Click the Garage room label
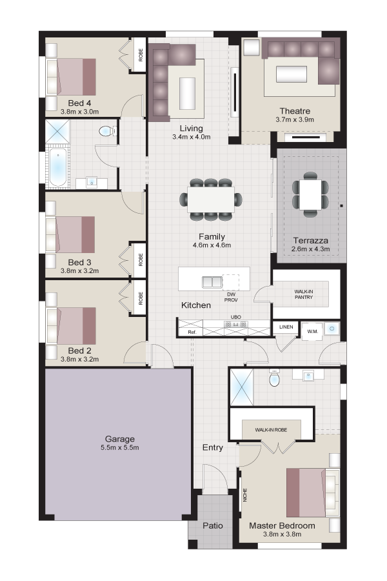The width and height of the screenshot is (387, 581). [119, 439]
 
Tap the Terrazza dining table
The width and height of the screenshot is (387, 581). [310, 194]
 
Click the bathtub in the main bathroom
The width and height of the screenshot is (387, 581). [58, 167]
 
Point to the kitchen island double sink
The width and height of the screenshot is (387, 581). [212, 282]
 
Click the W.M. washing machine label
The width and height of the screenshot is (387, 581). [313, 331]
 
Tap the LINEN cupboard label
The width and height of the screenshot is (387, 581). [286, 327]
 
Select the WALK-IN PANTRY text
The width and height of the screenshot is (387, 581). [304, 294]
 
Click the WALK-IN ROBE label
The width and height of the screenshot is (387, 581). [271, 430]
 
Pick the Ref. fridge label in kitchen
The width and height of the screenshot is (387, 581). [192, 332]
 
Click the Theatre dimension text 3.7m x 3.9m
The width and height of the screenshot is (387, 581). [295, 119]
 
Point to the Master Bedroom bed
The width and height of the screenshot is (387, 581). [313, 492]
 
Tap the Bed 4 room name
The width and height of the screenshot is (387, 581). [79, 103]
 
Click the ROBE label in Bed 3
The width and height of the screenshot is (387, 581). [141, 260]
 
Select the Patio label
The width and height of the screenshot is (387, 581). [213, 525]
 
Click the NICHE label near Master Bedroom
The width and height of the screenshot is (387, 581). [245, 495]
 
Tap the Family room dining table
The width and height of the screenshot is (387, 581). [211, 199]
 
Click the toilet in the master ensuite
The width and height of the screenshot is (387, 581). [274, 378]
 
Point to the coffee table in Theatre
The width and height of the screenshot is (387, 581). [292, 74]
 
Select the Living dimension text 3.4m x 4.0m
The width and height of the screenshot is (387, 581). [191, 137]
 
